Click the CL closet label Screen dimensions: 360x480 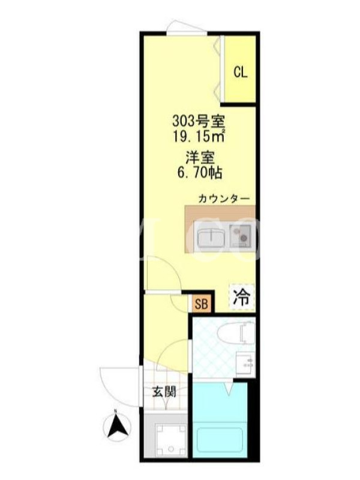(241, 72)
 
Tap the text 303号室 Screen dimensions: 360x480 (199, 122)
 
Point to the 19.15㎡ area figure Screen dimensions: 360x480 (199, 136)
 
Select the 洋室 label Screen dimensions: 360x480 (199, 158)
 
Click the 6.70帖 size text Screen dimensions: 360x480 (199, 173)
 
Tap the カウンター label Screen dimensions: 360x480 (224, 199)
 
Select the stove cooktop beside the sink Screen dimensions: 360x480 (241, 235)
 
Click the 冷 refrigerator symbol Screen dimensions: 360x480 (242, 297)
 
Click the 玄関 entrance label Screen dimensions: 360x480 (164, 392)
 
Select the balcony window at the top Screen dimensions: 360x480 (186, 28)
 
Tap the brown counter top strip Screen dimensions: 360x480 (220, 214)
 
